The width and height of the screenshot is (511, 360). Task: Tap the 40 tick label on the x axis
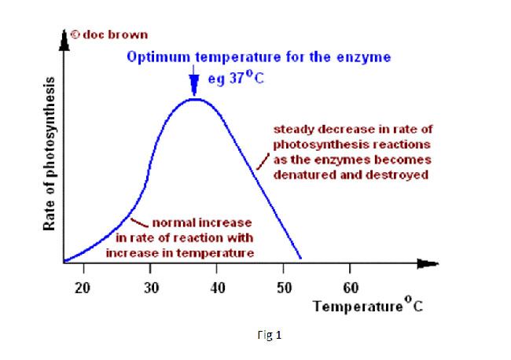(x=218, y=287)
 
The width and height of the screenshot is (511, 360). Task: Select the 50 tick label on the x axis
(x=285, y=287)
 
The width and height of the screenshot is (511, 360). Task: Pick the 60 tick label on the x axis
(x=351, y=287)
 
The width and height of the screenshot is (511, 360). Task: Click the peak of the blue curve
(x=194, y=99)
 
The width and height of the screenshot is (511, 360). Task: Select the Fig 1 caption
(x=269, y=336)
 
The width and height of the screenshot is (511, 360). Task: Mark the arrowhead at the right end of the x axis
(x=428, y=262)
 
